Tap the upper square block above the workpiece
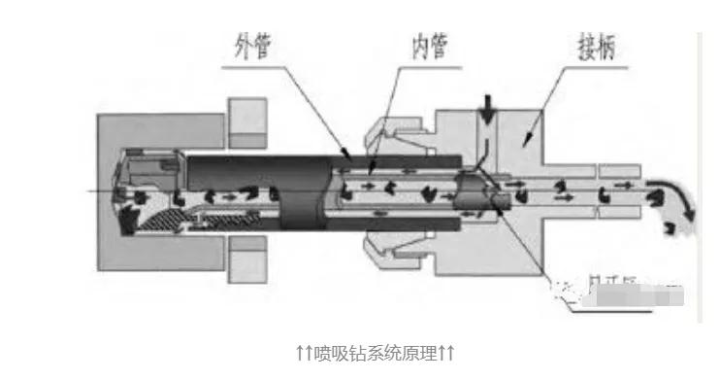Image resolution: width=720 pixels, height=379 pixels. pos(247,115)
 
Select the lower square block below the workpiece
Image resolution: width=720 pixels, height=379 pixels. pos(247,259)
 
